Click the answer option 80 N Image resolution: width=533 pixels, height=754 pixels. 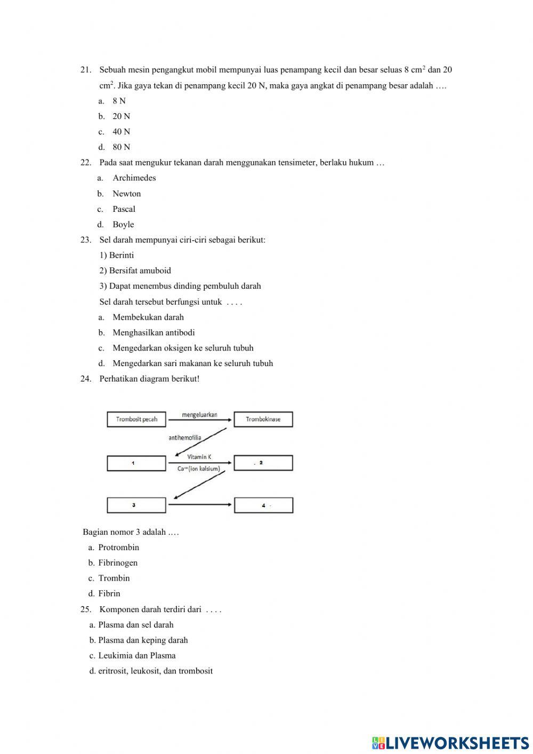coord(121,147)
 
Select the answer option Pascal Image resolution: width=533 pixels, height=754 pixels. coord(124,209)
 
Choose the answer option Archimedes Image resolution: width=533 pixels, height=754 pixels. coord(134,178)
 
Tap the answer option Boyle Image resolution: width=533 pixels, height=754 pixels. coord(123,224)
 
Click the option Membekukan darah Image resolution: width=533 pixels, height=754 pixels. coord(148,317)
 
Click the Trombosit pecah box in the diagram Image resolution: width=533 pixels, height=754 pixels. coord(136,419)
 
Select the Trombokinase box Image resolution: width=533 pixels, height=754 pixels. coord(263,419)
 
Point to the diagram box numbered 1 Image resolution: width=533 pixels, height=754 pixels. coord(136,463)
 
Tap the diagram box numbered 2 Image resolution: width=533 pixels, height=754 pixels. coord(263,463)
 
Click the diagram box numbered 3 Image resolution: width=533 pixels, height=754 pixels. coord(136,505)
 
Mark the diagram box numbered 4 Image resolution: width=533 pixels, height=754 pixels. coord(263,505)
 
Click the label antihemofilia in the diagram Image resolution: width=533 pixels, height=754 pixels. coord(185,438)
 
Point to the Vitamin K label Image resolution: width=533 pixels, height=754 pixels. coord(199,457)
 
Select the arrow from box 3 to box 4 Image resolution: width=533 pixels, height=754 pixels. coord(200,505)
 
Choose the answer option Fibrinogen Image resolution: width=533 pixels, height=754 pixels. coord(118,562)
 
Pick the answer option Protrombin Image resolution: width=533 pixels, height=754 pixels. coord(118,547)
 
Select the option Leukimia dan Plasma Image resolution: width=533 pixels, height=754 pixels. coord(136,655)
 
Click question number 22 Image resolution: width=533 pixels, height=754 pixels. coord(86,162)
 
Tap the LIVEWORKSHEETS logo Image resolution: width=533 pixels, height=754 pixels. coord(450,742)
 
